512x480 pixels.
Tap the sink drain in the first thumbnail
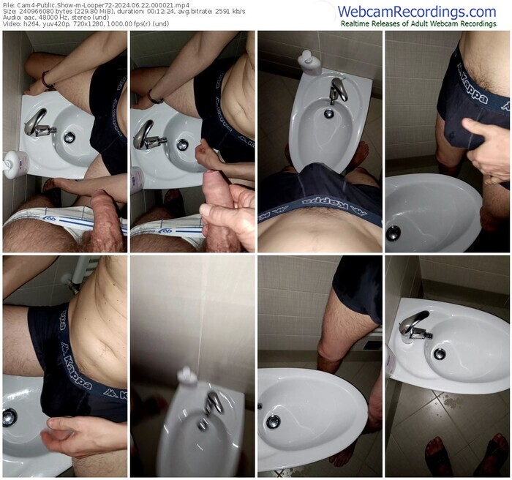coord(69,137)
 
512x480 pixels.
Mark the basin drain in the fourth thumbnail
coord(394,233)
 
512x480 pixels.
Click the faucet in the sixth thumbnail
coord(213,402)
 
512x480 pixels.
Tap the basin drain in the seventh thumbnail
coord(273,421)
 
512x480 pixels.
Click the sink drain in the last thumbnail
coord(439,353)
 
